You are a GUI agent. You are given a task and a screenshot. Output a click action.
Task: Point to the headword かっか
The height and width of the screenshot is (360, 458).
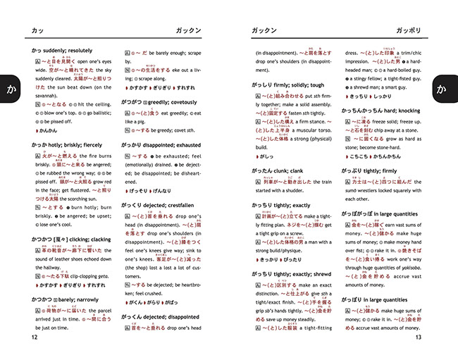pos(39,144)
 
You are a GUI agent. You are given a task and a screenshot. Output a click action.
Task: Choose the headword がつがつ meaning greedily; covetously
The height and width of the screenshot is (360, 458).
pos(133,101)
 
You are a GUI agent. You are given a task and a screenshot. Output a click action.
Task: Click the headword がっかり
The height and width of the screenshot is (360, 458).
pos(132,144)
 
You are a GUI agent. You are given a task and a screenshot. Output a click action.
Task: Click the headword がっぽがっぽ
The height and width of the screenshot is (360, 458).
pos(359,212)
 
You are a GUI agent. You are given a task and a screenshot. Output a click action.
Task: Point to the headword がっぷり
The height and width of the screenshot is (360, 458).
pos(354,170)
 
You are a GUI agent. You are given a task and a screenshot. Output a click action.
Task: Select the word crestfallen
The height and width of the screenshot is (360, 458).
pos(182,204)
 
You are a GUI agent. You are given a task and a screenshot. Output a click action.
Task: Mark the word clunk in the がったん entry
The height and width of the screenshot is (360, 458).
pos(288,170)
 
